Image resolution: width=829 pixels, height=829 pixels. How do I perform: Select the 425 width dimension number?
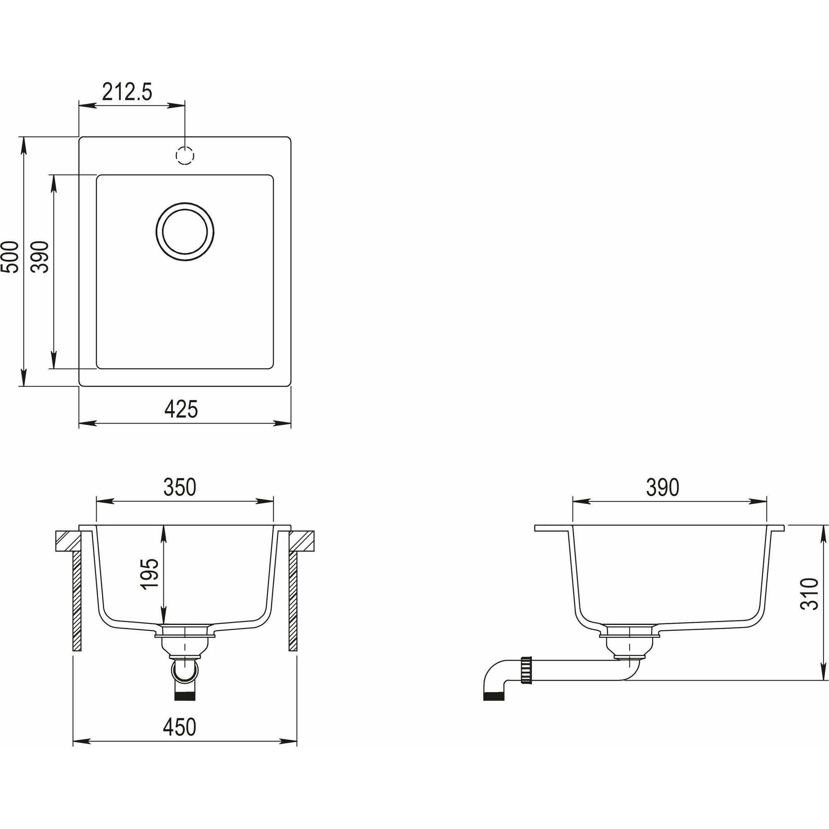pyautogui.click(x=181, y=410)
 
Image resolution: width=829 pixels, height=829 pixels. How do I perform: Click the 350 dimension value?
pyautogui.click(x=180, y=487)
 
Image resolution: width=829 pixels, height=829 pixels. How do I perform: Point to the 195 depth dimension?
pyautogui.click(x=150, y=574)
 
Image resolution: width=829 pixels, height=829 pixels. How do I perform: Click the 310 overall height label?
pyautogui.click(x=810, y=594)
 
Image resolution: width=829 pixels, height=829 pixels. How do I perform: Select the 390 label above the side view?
pyautogui.click(x=662, y=487)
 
